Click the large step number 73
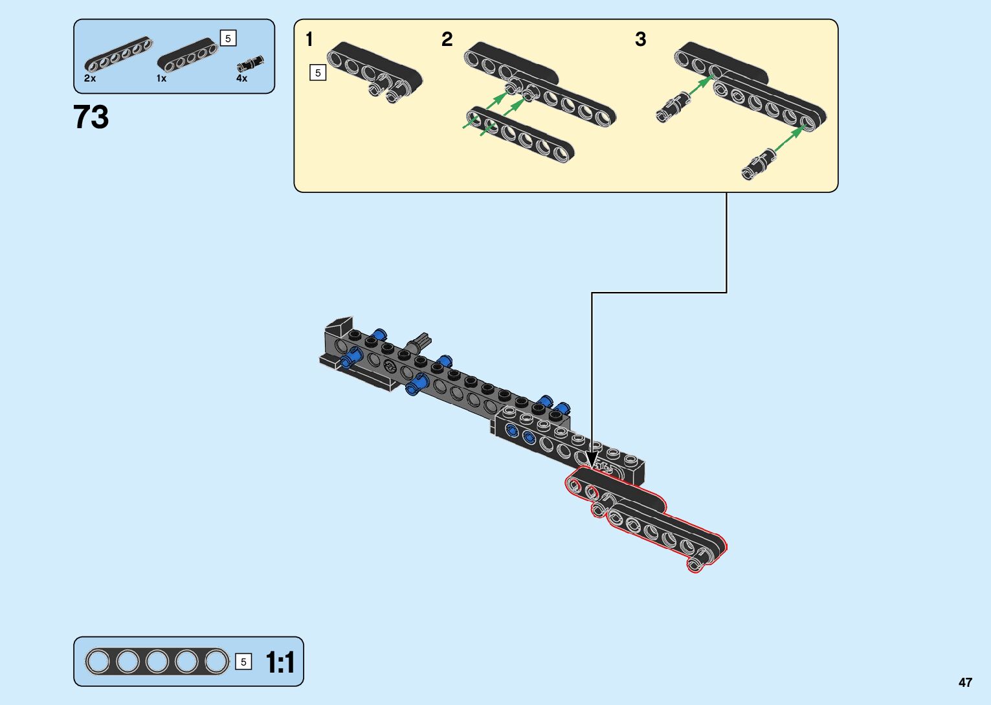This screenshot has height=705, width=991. pyautogui.click(x=91, y=117)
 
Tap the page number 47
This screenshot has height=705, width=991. pyautogui.click(x=965, y=682)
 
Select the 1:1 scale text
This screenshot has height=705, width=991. pyautogui.click(x=280, y=662)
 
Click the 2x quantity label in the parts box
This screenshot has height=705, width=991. pyautogui.click(x=90, y=78)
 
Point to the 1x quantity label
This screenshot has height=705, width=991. pyautogui.click(x=161, y=78)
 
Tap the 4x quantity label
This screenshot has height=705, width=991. pyautogui.click(x=241, y=78)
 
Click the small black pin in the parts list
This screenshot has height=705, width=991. pyautogui.click(x=250, y=63)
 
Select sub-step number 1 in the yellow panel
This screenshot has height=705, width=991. pyautogui.click(x=309, y=39)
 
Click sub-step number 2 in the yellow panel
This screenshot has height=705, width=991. pyautogui.click(x=447, y=39)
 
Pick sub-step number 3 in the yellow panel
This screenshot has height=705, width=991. pyautogui.click(x=641, y=39)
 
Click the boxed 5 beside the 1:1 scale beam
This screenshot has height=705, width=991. pyautogui.click(x=243, y=662)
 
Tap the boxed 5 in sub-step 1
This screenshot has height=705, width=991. pyautogui.click(x=318, y=73)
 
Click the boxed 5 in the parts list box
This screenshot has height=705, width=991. pyautogui.click(x=228, y=38)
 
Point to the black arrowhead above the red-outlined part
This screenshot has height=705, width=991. pyautogui.click(x=592, y=460)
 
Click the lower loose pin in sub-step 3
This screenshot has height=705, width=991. pyautogui.click(x=758, y=164)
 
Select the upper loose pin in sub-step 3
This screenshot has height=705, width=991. pyautogui.click(x=673, y=107)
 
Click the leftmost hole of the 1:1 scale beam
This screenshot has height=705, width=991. pyautogui.click(x=97, y=662)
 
